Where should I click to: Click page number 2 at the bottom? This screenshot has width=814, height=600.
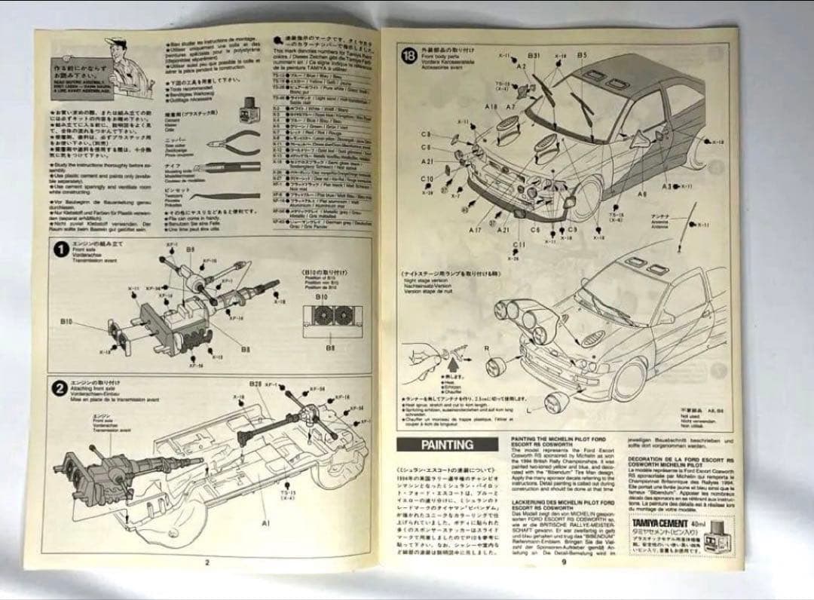point(206,561)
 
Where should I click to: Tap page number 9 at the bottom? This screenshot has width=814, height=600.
point(562,560)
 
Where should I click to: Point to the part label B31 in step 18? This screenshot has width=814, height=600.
point(534,56)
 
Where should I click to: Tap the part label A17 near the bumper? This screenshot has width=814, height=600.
point(475,228)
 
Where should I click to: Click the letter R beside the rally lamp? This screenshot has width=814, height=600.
point(488,348)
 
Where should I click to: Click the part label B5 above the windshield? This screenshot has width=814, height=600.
point(582,55)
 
